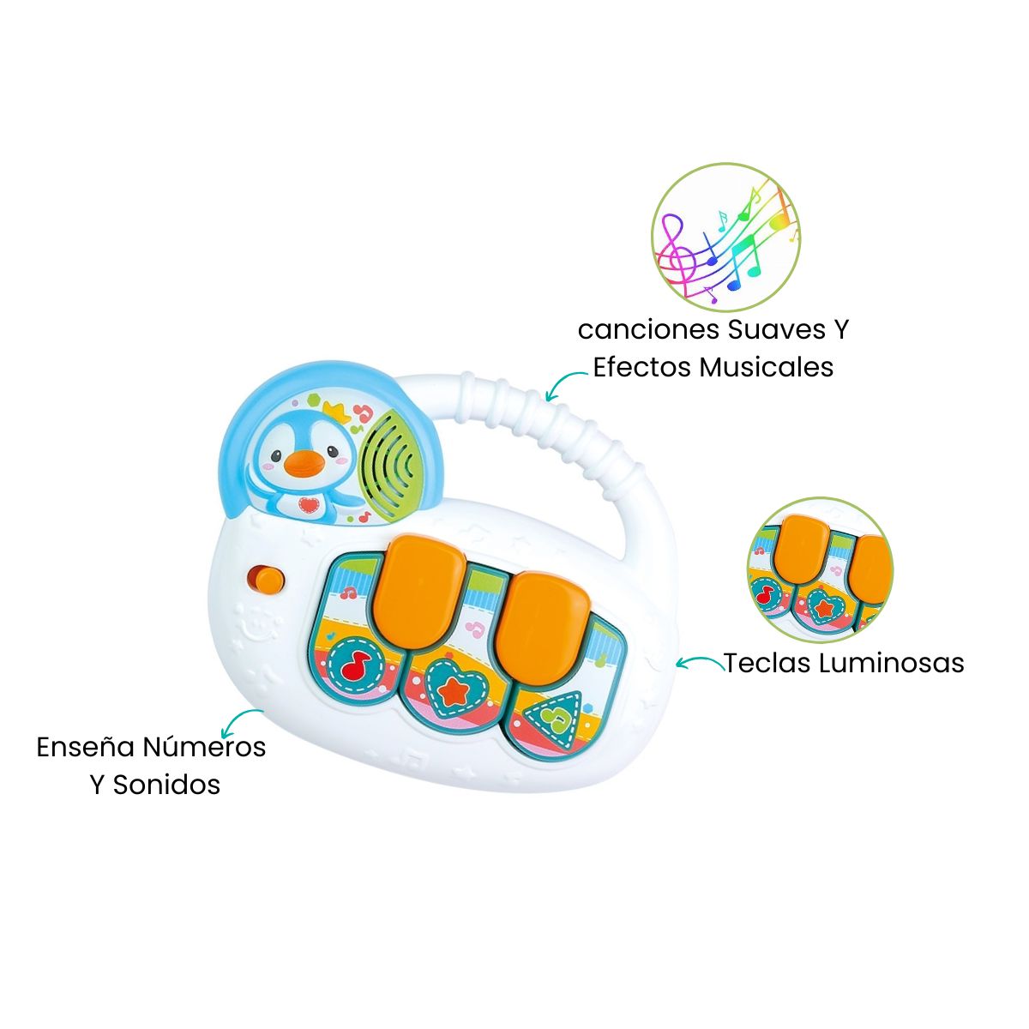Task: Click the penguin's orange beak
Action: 304,464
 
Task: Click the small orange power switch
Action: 267,579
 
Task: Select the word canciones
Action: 648,329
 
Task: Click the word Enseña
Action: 85,747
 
